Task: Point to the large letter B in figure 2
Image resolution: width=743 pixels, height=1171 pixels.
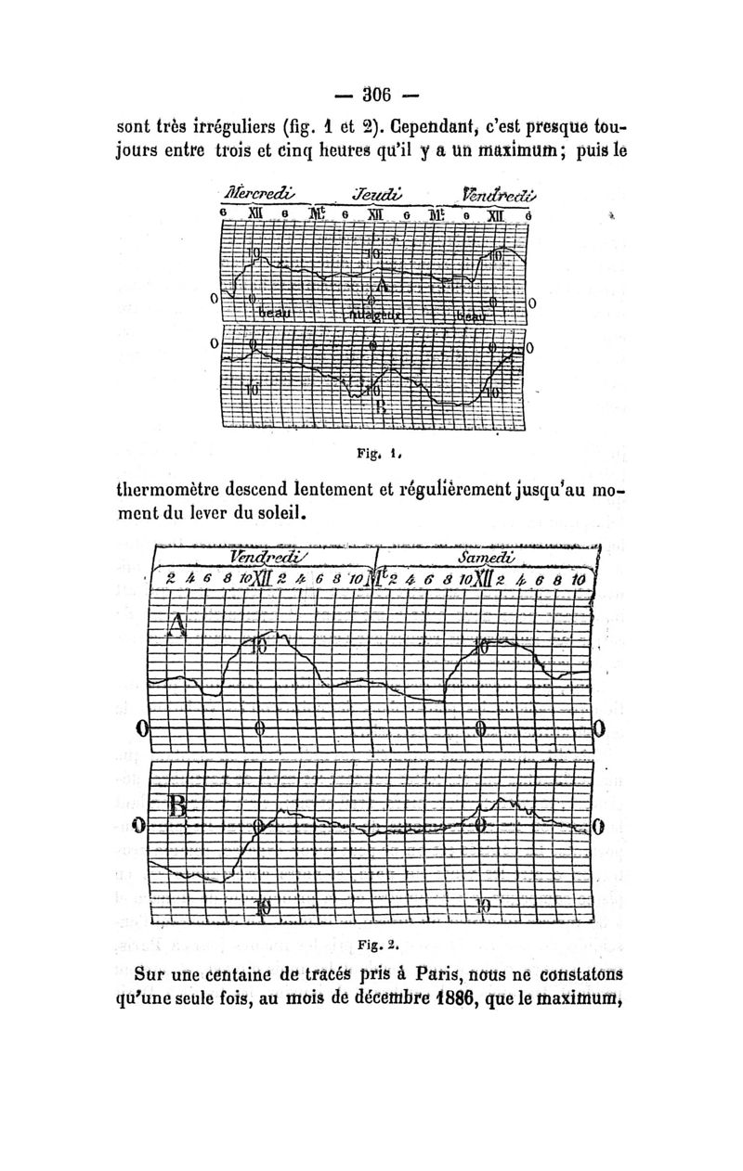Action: tap(178, 809)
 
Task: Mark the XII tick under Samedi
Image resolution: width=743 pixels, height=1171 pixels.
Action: tap(485, 579)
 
